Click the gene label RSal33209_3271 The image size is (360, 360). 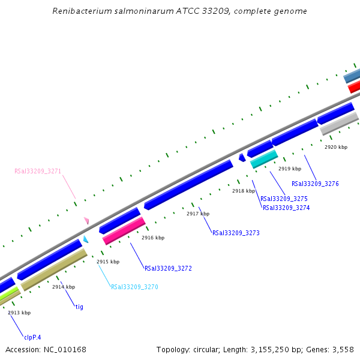(x=38, y=171)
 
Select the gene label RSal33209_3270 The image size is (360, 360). (x=134, y=287)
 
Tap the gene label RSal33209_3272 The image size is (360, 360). (x=168, y=268)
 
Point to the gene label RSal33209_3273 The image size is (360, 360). (x=236, y=233)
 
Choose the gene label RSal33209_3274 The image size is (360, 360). (x=286, y=208)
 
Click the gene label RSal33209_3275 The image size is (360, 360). (x=284, y=199)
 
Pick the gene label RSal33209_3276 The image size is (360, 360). (x=315, y=184)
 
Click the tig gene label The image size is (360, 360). (x=79, y=307)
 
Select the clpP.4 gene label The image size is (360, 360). (x=32, y=337)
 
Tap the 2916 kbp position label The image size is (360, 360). (x=152, y=238)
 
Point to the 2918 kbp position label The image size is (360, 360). (x=244, y=191)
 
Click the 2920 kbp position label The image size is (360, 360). (x=336, y=147)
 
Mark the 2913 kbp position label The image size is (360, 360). (x=19, y=313)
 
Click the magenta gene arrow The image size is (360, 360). (x=124, y=231)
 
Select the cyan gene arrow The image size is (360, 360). (x=264, y=159)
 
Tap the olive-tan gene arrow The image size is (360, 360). (x=54, y=270)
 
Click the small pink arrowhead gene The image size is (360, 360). (x=87, y=221)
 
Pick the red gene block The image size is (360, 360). (x=354, y=87)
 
